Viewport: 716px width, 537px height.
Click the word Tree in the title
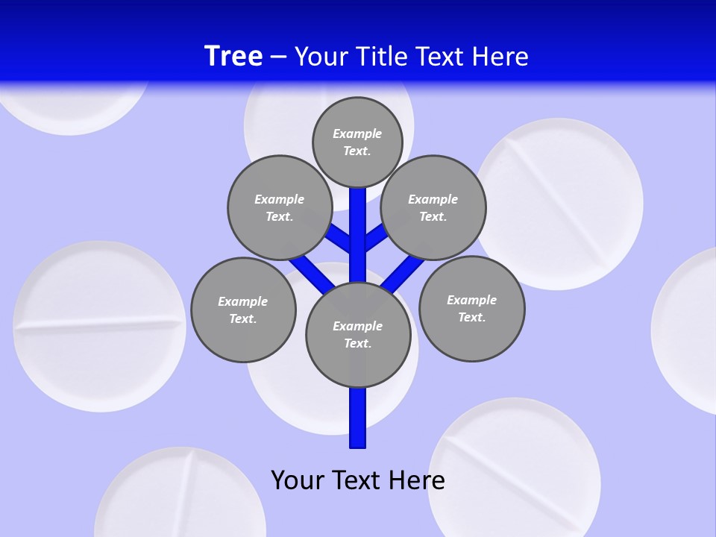point(233,56)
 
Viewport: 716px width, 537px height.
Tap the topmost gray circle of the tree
point(357,142)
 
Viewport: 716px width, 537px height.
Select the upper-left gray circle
point(279,207)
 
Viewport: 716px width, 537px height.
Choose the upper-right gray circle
point(433,207)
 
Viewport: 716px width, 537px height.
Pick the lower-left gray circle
point(243,310)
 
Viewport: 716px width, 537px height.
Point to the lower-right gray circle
point(472,308)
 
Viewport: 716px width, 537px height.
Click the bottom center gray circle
point(358,334)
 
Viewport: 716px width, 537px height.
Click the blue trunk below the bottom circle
point(358,418)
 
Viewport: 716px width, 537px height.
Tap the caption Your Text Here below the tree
point(358,480)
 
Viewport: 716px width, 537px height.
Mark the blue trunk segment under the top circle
point(358,224)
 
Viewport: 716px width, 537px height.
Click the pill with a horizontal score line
point(99,326)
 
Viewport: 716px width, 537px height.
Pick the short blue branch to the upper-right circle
point(377,237)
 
